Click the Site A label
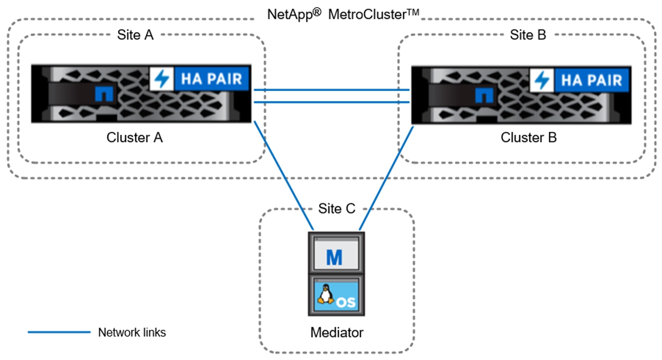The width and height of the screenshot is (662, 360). tap(135, 35)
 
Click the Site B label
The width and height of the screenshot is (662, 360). tap(528, 35)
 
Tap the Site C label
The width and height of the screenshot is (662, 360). tap(336, 209)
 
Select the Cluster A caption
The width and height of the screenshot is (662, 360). tap(134, 138)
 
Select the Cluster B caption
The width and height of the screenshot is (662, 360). tap(528, 138)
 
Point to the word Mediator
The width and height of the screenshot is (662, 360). tap(337, 332)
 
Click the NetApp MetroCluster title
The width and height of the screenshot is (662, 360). tap(343, 14)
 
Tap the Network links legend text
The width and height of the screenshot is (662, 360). tap(132, 332)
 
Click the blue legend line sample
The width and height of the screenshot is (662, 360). tap(59, 332)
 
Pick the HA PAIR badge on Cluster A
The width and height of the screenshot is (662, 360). tap(211, 79)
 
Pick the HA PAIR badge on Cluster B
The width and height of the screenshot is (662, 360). tap(592, 80)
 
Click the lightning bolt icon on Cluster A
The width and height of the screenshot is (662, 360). tap(162, 79)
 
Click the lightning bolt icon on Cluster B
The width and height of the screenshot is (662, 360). tap(542, 80)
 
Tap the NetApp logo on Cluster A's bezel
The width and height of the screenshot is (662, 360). tap(104, 94)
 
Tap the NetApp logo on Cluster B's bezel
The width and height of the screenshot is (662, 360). tap(484, 95)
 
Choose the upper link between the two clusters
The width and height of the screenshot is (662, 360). tap(331, 89)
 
